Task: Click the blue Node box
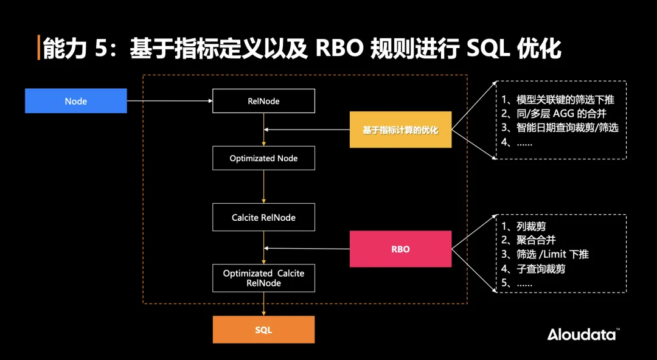tap(75, 101)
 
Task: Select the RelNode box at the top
tap(263, 101)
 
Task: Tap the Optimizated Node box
tap(263, 158)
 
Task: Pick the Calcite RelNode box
tap(263, 217)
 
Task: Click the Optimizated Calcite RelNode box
tap(263, 278)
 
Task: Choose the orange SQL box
tap(263, 330)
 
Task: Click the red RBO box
tap(400, 249)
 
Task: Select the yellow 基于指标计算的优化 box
tap(400, 130)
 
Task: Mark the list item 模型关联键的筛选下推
tap(562, 100)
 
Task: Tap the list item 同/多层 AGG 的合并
tap(554, 114)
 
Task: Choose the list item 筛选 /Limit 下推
tap(544, 254)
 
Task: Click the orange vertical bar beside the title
tap(38, 48)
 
